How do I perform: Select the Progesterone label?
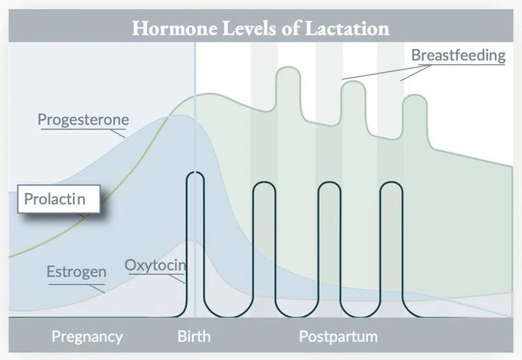click(83, 119)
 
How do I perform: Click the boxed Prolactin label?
click(54, 199)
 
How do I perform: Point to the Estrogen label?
click(76, 272)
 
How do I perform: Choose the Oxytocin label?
click(156, 265)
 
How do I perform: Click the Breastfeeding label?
click(458, 55)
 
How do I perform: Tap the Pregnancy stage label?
click(87, 337)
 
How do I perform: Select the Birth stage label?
click(193, 337)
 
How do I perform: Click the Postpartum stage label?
click(338, 337)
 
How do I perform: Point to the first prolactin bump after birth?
click(286, 72)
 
